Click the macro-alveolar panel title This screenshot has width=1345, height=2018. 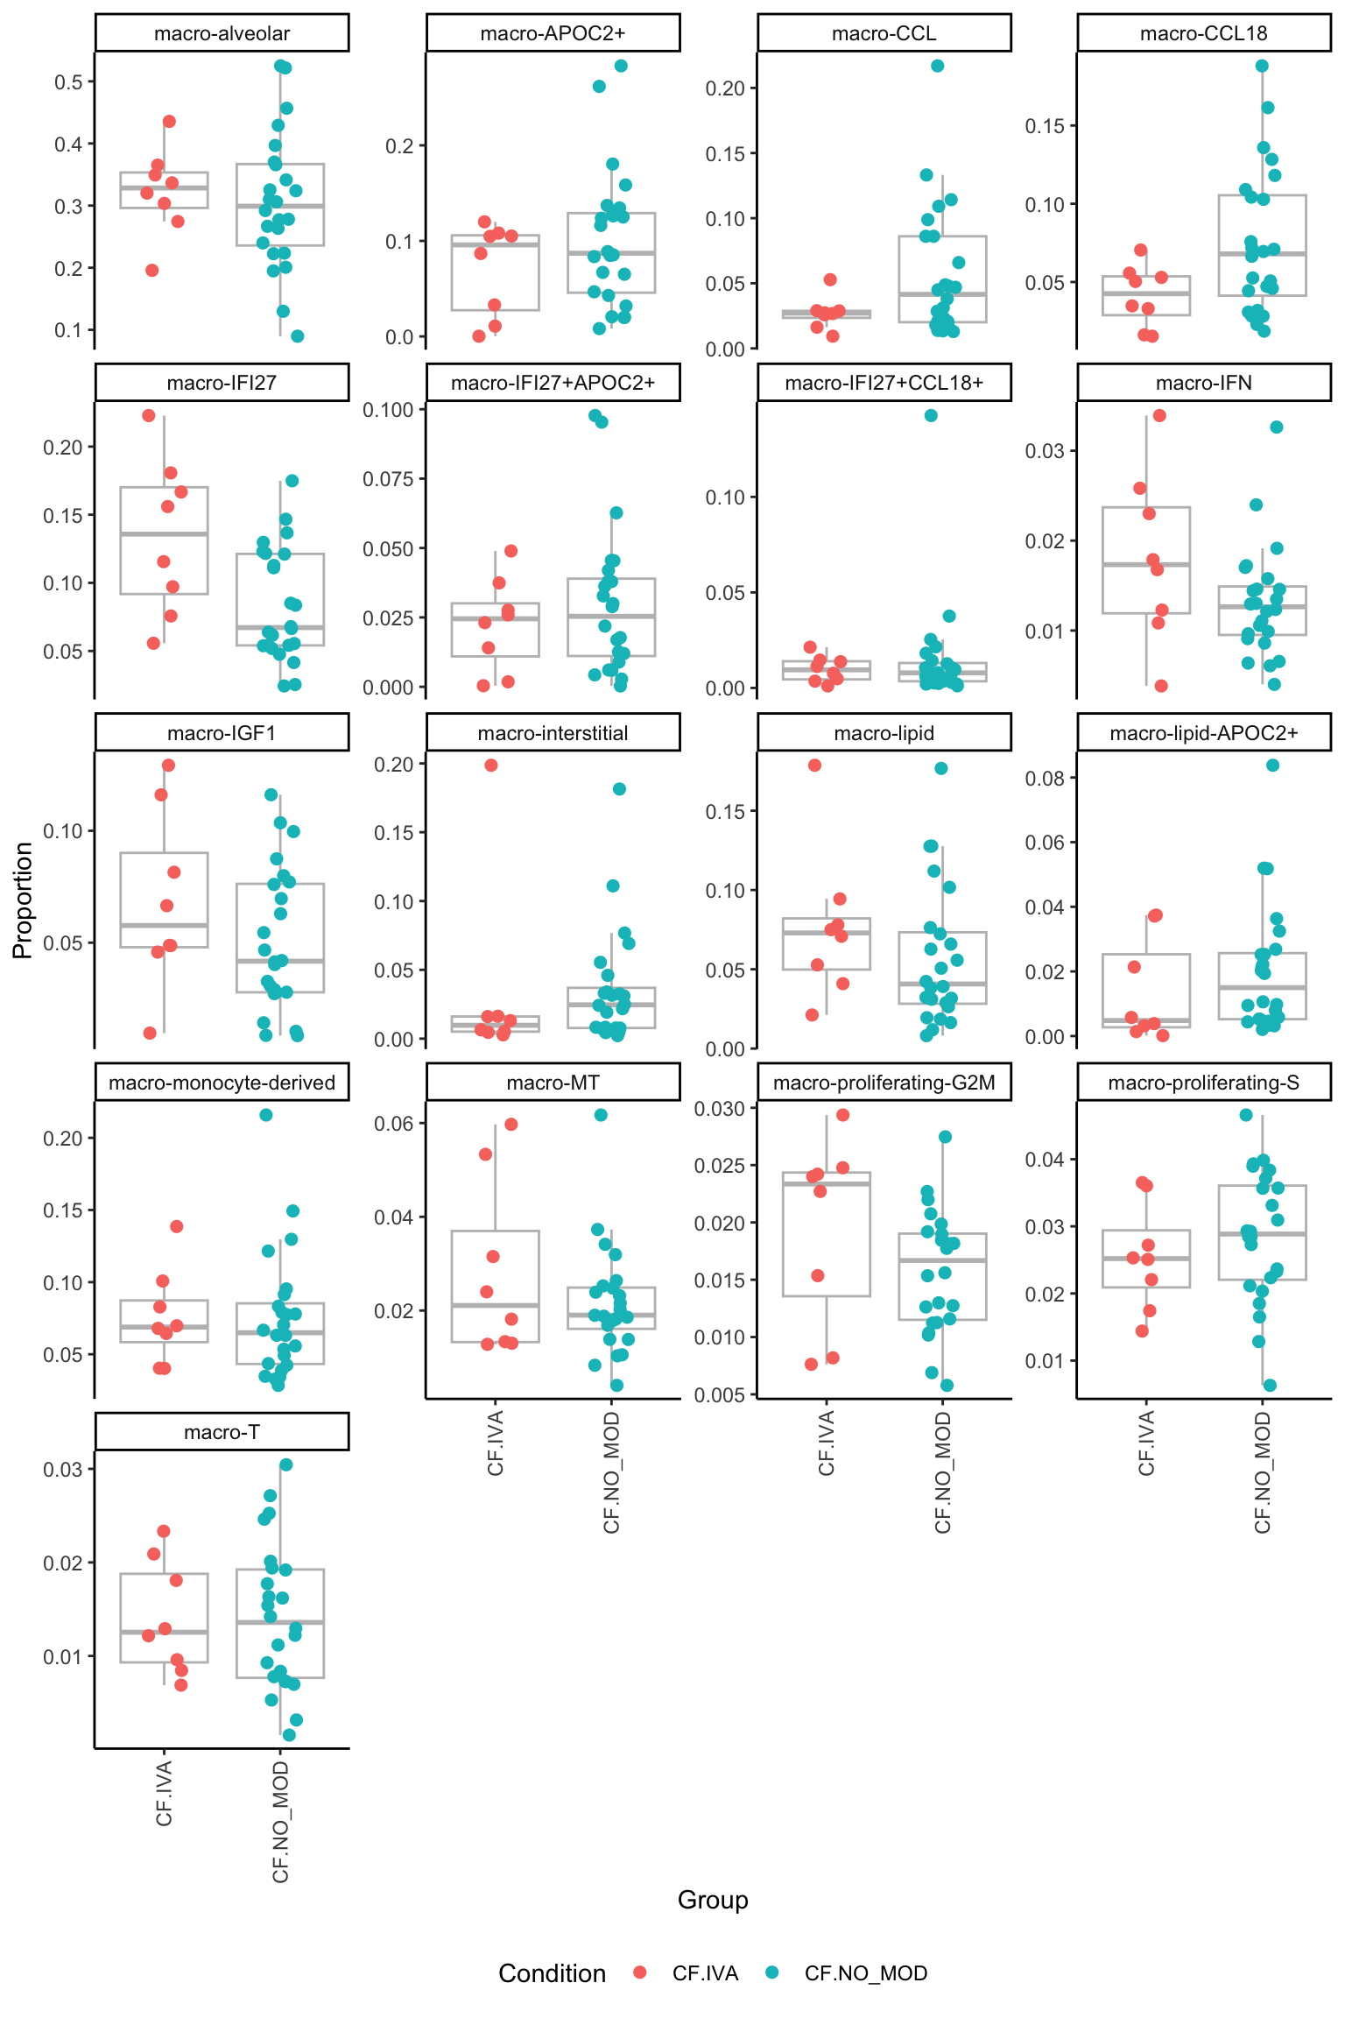[x=222, y=33]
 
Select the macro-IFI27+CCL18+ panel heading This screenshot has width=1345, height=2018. [x=884, y=383]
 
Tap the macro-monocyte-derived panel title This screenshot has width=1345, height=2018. [x=222, y=1083]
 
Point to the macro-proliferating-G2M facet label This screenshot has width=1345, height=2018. [x=884, y=1083]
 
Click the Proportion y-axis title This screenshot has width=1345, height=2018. [x=23, y=900]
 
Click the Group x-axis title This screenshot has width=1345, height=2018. [x=713, y=1900]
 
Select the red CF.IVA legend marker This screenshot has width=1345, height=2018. [x=640, y=1972]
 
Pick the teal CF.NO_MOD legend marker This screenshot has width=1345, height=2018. [x=772, y=1972]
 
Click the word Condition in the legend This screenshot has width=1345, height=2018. [x=552, y=1973]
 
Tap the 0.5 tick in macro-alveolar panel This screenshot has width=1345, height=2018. [x=68, y=82]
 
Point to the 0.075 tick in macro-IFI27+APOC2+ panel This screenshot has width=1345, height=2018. [x=388, y=479]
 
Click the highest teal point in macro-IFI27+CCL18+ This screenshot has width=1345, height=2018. [x=931, y=416]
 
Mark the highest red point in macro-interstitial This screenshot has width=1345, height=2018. [x=491, y=766]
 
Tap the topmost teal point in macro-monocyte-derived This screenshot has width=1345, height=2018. [x=266, y=1115]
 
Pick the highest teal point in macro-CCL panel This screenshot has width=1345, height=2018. [x=937, y=66]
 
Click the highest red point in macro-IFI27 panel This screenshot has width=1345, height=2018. [x=149, y=416]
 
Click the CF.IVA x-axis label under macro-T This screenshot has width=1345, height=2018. [x=165, y=1794]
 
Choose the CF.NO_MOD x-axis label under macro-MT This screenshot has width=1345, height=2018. [x=612, y=1472]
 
